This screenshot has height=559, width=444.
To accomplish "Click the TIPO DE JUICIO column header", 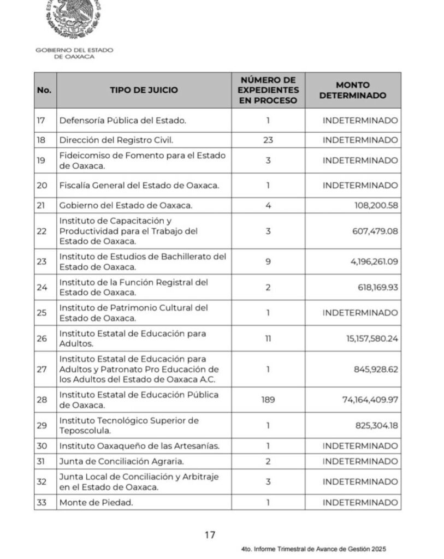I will point(144,91).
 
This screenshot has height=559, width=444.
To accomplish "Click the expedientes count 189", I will point(268,400).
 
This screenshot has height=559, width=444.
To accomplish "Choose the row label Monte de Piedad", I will point(96,502).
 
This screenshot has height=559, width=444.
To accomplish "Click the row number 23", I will point(43,261).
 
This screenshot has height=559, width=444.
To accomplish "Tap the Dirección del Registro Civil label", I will point(116,140).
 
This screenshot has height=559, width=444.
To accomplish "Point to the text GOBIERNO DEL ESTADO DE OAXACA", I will point(74,53).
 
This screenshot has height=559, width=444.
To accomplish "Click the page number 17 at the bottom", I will point(210,534).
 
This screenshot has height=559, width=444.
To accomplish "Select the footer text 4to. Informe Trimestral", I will point(316,550).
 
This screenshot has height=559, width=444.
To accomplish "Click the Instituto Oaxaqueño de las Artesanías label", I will point(139,446).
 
